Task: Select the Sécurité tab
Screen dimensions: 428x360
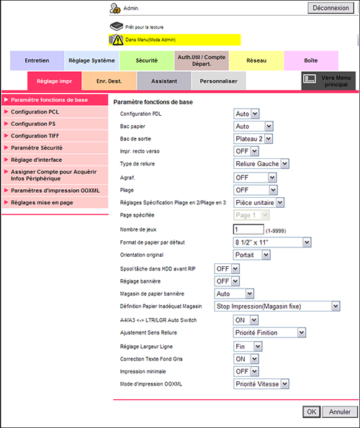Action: pos(147,61)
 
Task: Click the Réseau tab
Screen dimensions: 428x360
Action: pos(256,61)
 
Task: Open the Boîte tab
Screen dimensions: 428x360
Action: pos(311,61)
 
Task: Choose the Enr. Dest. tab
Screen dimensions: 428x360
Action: pos(109,81)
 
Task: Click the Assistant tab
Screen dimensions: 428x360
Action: pos(164,81)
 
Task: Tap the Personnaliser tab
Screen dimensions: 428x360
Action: pos(219,81)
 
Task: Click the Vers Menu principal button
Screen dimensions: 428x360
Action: pos(328,81)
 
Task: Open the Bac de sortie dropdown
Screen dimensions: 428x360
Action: pos(253,138)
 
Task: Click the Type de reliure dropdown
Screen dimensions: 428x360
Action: pos(261,164)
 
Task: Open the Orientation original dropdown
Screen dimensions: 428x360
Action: pos(252,255)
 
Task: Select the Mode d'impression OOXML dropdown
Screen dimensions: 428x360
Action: pos(261,384)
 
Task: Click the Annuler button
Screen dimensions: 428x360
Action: pos(340,412)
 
